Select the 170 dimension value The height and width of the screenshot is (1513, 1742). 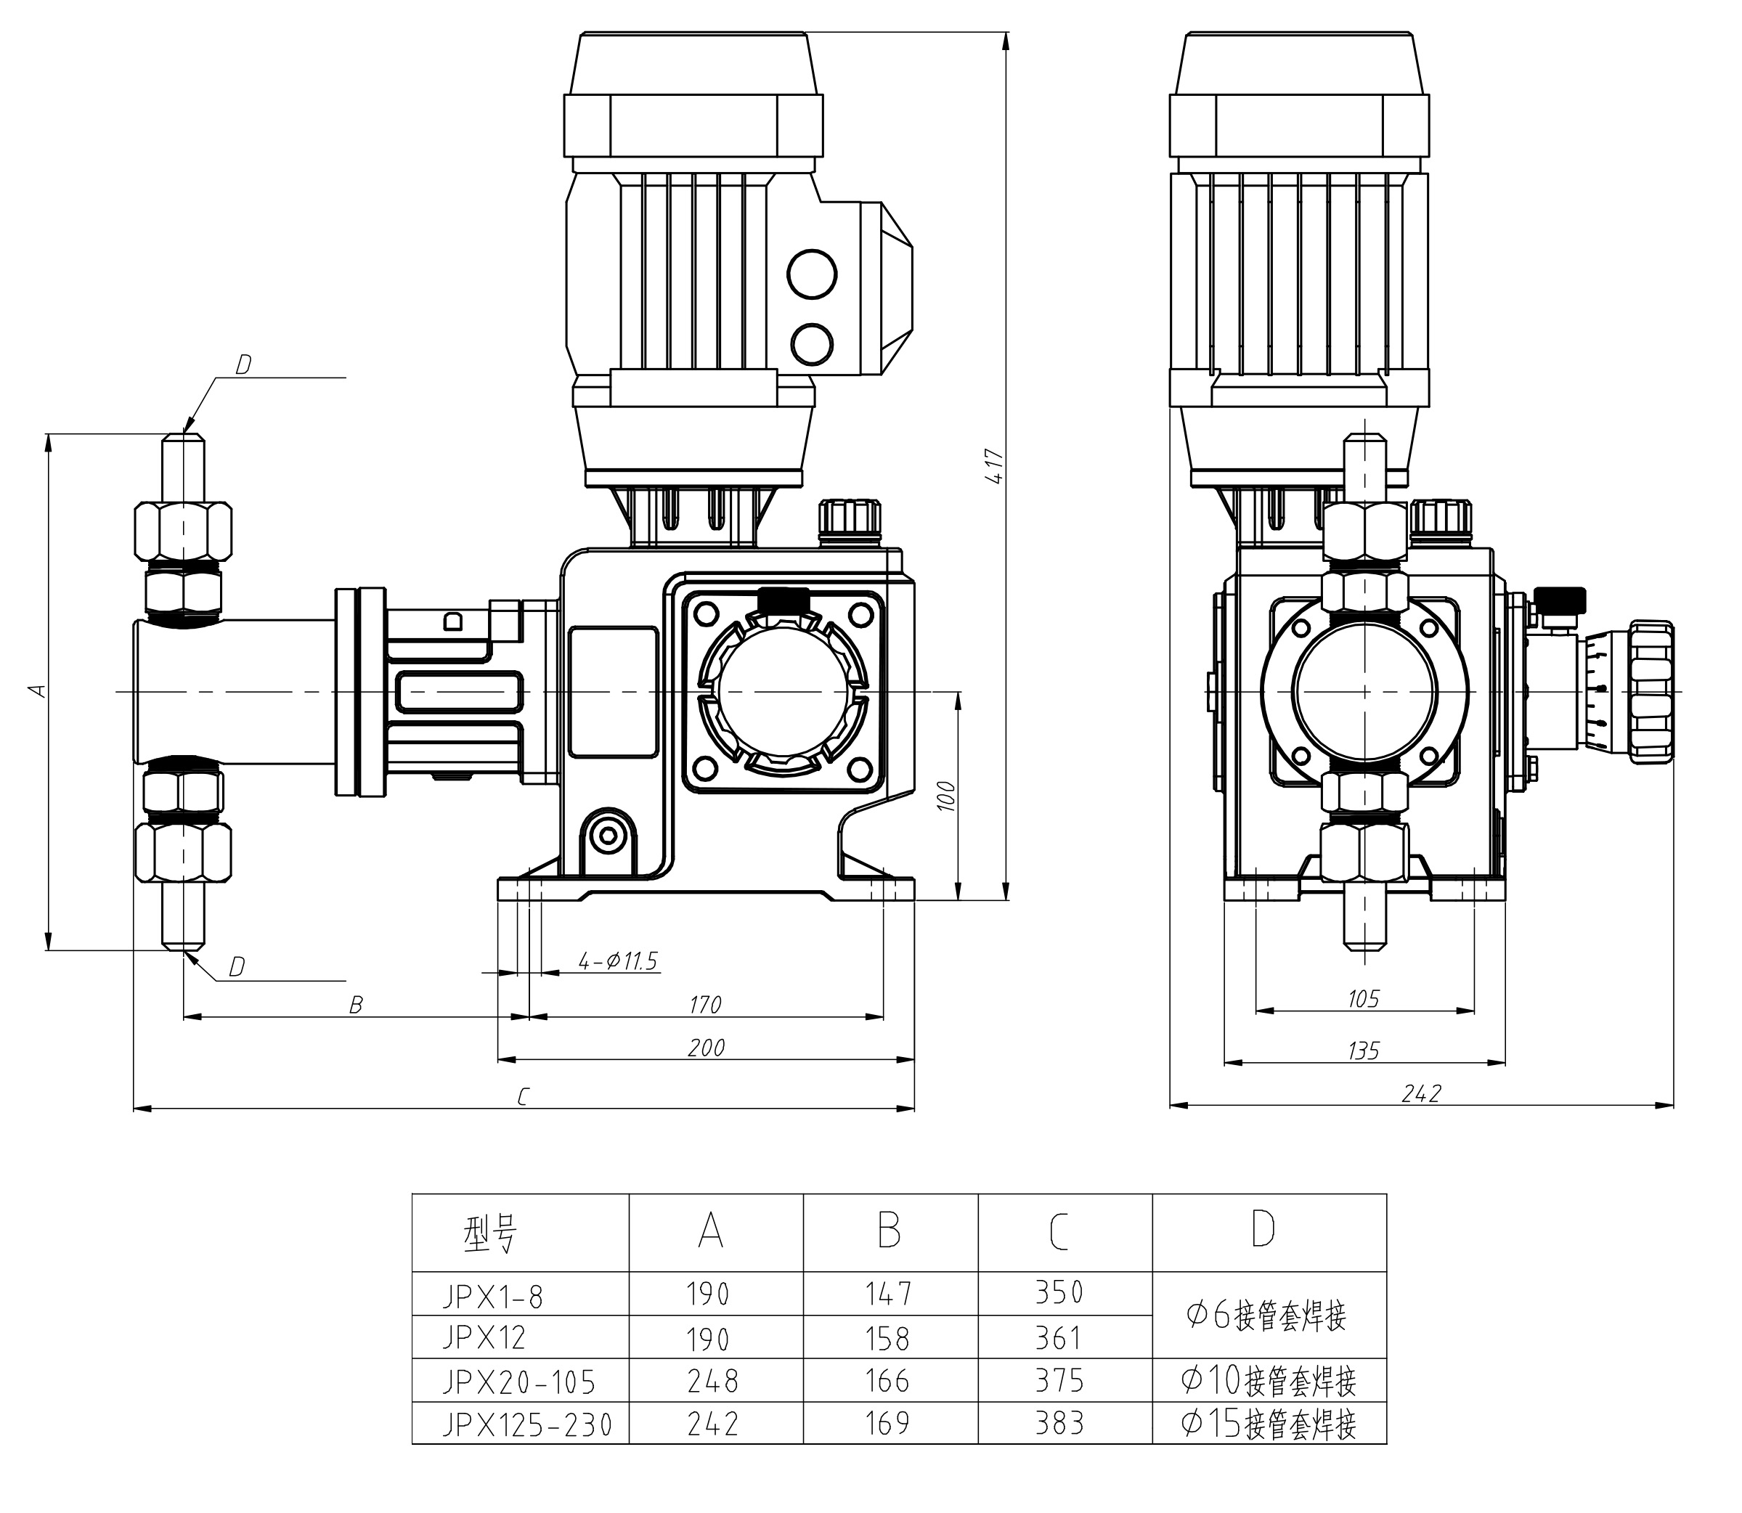705,1005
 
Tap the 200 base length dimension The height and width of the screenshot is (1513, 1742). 706,1048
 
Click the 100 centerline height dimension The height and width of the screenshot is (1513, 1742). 947,796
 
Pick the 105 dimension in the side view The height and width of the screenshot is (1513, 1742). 1363,999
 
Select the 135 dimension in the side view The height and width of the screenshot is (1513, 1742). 1364,1051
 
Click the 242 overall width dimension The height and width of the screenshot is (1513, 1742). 1421,1094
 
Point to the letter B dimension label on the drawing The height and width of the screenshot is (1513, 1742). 357,1006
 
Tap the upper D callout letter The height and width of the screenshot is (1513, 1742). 243,364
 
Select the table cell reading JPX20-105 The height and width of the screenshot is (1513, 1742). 519,1382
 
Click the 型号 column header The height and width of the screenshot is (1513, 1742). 489,1234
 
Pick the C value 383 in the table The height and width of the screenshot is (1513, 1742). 1058,1424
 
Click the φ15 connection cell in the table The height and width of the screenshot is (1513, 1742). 1269,1424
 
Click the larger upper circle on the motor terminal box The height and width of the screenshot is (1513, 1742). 812,274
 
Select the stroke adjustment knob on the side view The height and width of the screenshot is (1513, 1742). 1650,693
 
